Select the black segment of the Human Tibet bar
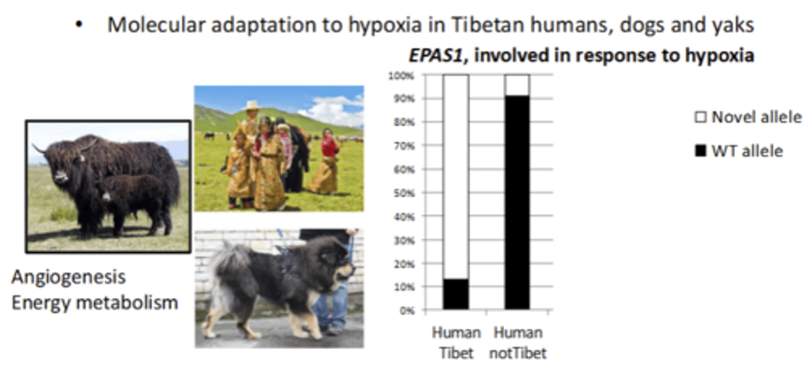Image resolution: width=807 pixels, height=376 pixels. [456, 294]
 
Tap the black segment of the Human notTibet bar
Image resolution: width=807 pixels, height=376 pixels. [517, 202]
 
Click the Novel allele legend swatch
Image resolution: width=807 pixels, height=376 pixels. [701, 118]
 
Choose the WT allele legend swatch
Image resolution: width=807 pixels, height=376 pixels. [701, 151]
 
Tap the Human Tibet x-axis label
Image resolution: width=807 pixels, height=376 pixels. [456, 342]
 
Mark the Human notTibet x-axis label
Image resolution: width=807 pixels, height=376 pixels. [517, 342]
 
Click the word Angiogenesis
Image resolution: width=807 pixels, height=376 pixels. [68, 277]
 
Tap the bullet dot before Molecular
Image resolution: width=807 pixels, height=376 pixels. [82, 26]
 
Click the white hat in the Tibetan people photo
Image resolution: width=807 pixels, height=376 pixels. [252, 105]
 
